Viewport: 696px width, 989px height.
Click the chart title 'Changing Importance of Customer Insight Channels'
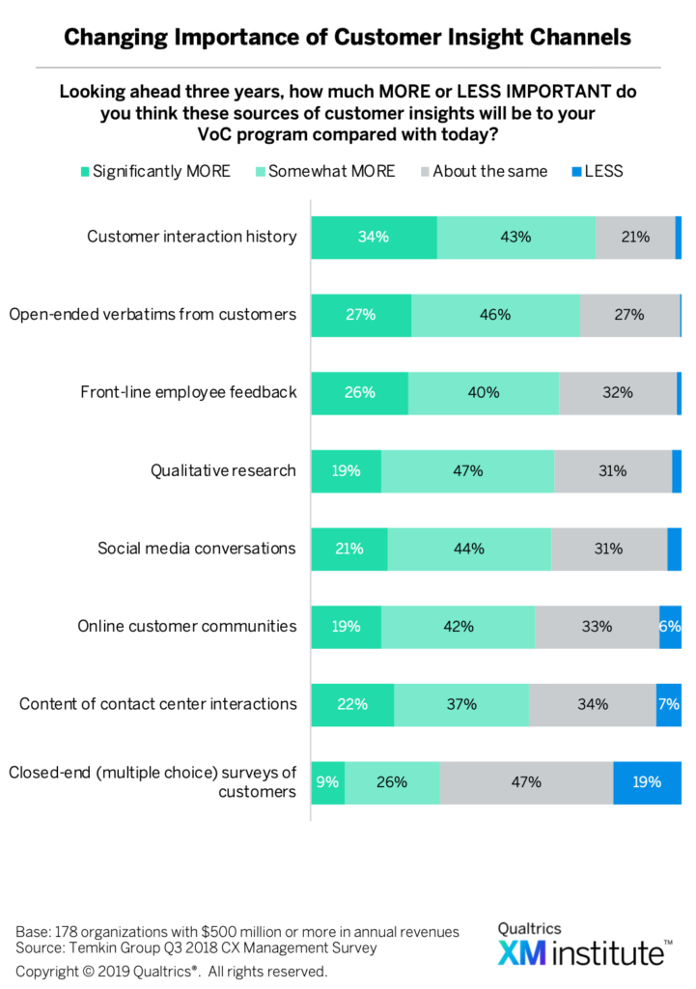(x=348, y=37)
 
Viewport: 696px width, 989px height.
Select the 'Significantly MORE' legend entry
(x=155, y=171)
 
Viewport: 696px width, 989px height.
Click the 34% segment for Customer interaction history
(x=374, y=237)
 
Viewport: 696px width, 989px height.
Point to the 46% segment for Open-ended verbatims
(x=496, y=314)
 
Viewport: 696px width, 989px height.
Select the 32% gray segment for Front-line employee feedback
(x=617, y=392)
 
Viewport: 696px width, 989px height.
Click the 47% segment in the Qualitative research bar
(x=467, y=470)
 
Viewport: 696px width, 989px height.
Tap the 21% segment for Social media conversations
(x=349, y=549)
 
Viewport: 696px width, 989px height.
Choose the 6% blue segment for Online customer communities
(x=670, y=626)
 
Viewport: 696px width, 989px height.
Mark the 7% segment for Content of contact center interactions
(x=668, y=704)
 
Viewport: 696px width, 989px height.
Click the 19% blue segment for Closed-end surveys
(x=647, y=782)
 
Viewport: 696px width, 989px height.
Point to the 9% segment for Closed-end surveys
(x=328, y=782)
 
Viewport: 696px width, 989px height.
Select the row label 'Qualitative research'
(x=223, y=470)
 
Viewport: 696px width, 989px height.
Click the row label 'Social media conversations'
(x=197, y=548)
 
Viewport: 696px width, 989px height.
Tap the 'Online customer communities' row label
(x=187, y=626)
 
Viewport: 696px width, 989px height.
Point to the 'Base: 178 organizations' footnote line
(x=237, y=932)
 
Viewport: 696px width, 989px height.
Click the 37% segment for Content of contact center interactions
(x=461, y=704)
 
